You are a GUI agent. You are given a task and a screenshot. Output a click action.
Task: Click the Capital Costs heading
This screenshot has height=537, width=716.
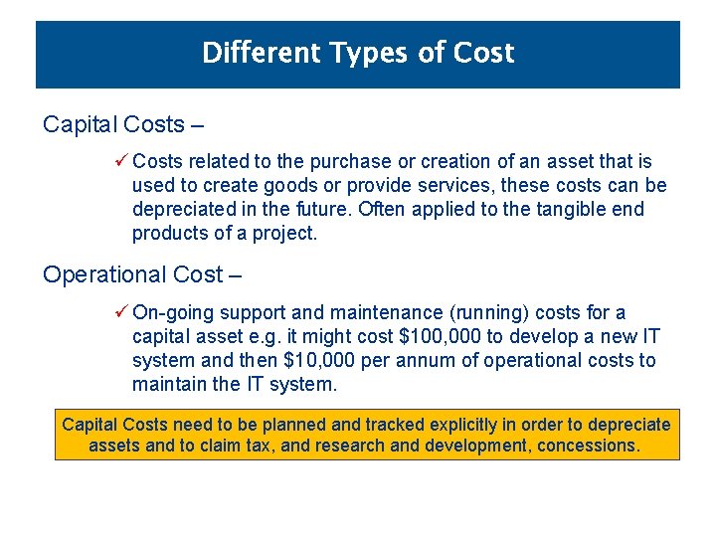pos(113,125)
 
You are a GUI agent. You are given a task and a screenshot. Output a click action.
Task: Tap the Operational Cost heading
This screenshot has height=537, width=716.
pos(131,274)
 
